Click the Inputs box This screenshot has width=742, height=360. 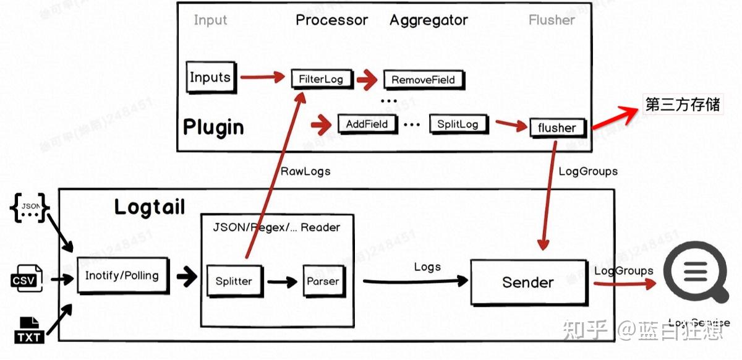pos(211,77)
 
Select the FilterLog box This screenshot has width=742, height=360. pos(321,79)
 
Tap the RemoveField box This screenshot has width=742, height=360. pos(423,80)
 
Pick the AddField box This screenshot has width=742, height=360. pos(367,124)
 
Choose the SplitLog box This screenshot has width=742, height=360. pos(458,124)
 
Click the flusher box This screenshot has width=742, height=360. pos(556,128)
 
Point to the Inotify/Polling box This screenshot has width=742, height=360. pos(122,276)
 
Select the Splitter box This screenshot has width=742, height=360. pos(234,281)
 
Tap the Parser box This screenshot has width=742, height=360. pos(323,281)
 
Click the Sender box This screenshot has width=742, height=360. pos(527,283)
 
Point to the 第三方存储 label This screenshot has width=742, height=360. pos(683,104)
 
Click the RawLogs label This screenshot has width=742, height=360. pos(305,171)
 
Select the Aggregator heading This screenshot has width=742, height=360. pos(429,20)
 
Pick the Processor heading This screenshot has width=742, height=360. pos(331,20)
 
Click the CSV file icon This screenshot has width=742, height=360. pos(28,278)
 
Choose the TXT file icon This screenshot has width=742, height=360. pos(28,330)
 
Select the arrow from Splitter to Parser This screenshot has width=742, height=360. pos(283,281)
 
